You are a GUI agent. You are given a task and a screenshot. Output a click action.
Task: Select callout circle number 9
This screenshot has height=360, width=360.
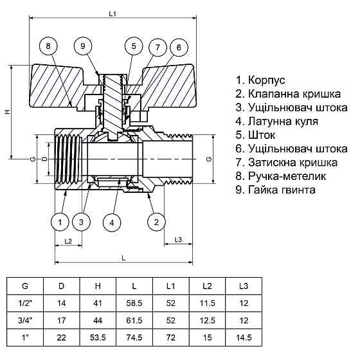[83, 46]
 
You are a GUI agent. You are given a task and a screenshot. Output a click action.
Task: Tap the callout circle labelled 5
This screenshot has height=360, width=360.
[133, 46]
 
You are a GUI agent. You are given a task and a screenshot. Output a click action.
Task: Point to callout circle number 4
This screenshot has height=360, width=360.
[112, 222]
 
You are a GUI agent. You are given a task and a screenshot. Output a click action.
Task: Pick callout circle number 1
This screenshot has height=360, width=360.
[60, 222]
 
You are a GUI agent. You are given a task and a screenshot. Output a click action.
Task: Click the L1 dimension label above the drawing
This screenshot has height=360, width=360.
[113, 13]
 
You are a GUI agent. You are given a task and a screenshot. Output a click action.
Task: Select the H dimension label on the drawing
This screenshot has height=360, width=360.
[7, 112]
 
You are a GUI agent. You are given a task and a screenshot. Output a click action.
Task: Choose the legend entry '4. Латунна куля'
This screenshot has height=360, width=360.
[276, 122]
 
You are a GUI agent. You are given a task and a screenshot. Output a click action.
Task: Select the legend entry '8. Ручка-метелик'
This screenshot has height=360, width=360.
[281, 175]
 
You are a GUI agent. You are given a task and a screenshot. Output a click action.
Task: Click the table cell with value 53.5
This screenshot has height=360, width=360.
[98, 336]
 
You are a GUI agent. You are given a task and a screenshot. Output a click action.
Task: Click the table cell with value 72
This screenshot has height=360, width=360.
[170, 336]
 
